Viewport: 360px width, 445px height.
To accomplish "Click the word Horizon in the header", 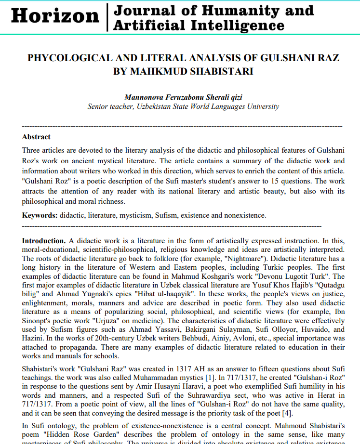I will pyautogui.click(x=54, y=16).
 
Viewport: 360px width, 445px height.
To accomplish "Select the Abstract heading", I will pyautogui.click(x=36, y=137).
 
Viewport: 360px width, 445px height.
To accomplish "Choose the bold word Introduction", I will pyautogui.click(x=43, y=240).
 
